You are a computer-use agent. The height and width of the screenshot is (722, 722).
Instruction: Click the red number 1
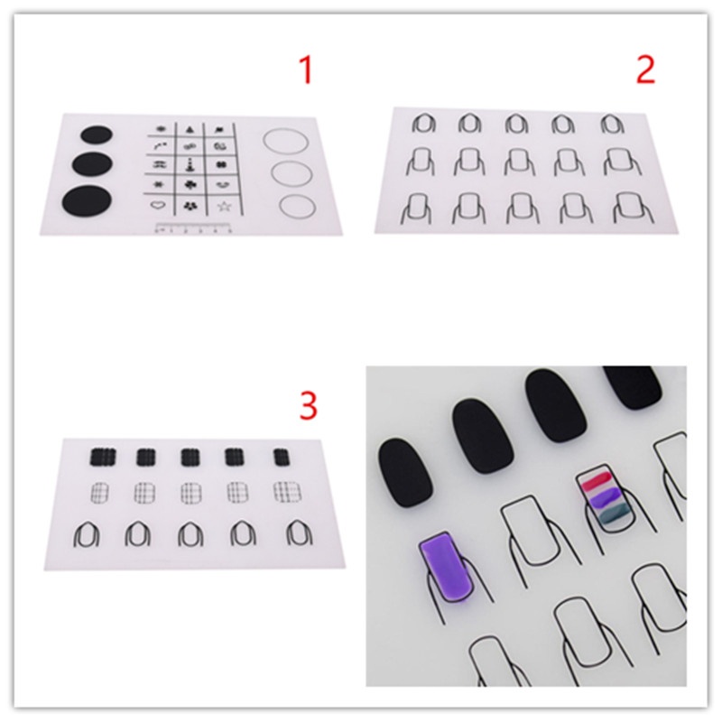point(307,69)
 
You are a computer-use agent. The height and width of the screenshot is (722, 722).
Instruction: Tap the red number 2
point(644,69)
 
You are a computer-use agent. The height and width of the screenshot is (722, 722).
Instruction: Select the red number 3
point(309,405)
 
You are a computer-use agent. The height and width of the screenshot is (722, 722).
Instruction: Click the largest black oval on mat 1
point(82,200)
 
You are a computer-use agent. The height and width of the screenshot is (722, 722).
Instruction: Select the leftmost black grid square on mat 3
point(99,457)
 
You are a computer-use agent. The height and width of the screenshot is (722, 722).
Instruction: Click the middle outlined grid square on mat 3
point(190,493)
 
